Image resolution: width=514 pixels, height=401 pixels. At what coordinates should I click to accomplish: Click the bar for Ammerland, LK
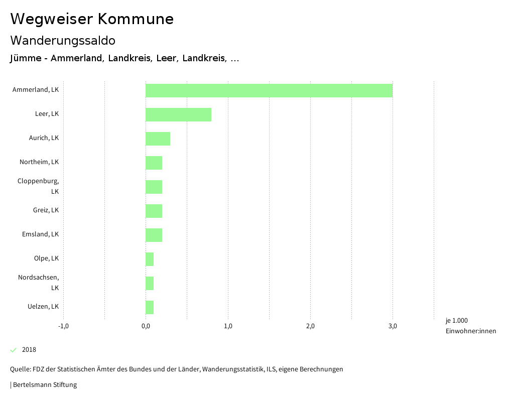(269, 90)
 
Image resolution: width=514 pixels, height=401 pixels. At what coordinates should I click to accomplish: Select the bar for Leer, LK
(178, 114)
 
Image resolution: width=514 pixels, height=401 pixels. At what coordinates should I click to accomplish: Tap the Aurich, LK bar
(158, 139)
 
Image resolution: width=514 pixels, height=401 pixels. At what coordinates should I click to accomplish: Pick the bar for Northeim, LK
(154, 163)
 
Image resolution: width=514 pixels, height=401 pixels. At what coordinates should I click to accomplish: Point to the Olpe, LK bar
(150, 259)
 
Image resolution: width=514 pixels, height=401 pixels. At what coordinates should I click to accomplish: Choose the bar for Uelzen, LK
(150, 307)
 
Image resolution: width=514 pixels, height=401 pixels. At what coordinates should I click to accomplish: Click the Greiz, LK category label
(46, 210)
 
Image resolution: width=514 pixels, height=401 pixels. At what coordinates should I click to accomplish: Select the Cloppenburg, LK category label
(38, 186)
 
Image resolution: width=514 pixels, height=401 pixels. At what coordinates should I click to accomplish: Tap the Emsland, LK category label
(40, 234)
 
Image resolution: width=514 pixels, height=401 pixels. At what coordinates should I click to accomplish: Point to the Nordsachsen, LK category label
(38, 283)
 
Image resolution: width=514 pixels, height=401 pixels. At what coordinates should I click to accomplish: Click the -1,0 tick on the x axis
(63, 326)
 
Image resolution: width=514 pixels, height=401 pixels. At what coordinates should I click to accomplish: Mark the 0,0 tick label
(146, 326)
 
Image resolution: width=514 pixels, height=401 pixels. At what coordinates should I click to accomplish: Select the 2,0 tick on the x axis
(310, 326)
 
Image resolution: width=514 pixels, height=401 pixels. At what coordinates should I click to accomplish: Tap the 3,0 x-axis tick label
(393, 326)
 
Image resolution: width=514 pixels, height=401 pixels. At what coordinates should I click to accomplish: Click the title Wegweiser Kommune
(92, 19)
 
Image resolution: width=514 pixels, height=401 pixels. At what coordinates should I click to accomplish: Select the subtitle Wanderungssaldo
(63, 40)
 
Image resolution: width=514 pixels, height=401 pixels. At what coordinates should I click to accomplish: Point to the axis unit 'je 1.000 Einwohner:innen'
(470, 326)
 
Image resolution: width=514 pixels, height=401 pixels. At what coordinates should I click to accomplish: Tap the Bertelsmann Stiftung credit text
(45, 385)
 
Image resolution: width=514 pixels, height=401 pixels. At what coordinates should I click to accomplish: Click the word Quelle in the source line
(20, 369)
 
